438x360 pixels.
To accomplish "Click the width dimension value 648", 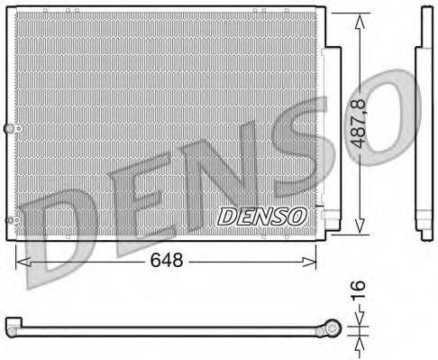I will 168,261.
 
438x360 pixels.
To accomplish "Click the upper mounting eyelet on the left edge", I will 10,131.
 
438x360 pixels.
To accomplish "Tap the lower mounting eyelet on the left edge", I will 10,220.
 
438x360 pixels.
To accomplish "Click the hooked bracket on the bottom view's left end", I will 12,322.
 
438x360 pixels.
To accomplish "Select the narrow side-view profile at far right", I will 421,126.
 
